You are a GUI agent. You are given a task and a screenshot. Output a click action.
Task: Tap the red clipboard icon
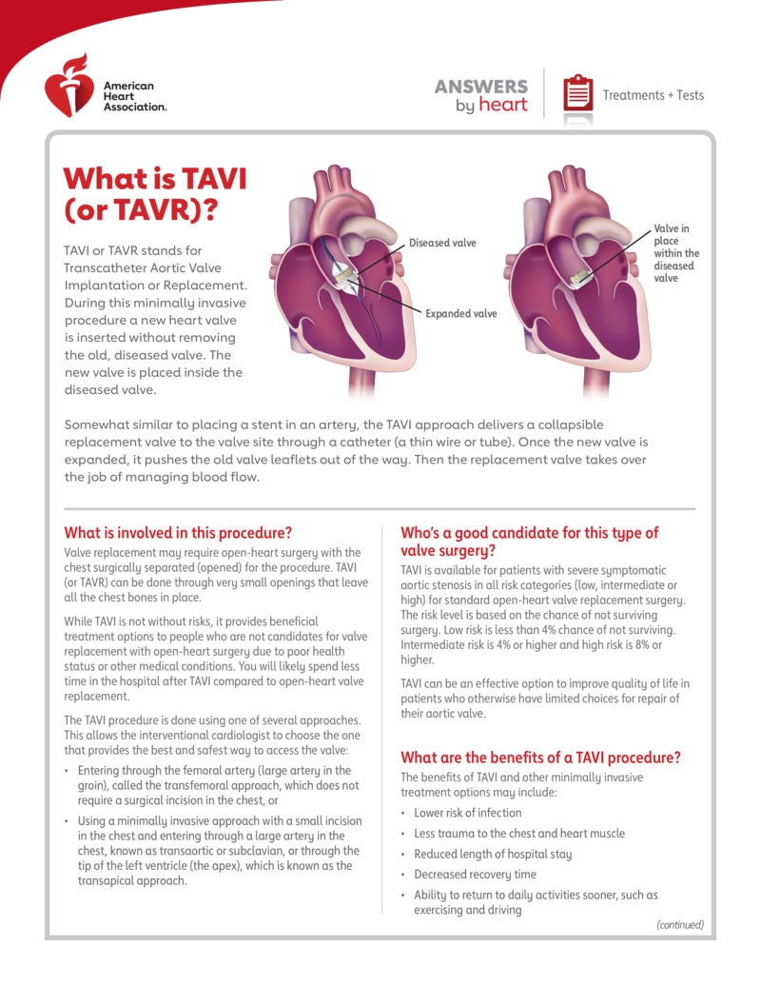576,94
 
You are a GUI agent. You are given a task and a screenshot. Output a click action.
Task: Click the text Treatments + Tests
653,95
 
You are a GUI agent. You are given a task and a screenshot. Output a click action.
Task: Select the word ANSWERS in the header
481,87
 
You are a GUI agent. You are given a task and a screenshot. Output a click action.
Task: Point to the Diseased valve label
442,244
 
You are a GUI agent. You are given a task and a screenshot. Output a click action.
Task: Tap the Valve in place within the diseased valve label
675,254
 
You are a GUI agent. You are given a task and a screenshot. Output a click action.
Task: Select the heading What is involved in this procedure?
177,533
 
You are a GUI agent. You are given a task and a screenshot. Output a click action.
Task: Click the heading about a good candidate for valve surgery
529,542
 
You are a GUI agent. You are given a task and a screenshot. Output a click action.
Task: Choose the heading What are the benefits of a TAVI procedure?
540,758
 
